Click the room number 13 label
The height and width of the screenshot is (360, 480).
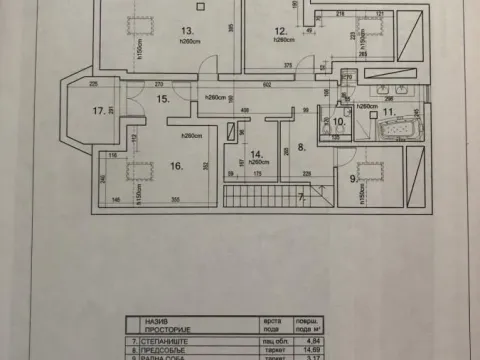point(158,31)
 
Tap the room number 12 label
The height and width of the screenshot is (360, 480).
point(281,31)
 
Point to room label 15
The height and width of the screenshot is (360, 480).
point(165,99)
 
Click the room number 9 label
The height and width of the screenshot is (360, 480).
point(351,180)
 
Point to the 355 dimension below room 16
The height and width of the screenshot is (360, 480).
point(174,201)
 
